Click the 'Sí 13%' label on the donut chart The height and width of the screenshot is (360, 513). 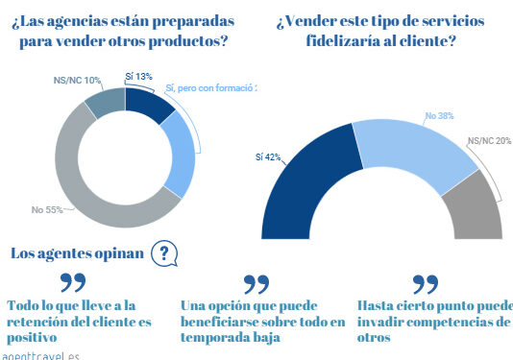138,77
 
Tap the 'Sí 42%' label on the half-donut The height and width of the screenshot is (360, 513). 267,156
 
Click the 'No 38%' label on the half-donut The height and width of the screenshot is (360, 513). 440,116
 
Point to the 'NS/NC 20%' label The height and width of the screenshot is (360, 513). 488,140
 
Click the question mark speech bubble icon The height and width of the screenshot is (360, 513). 164,253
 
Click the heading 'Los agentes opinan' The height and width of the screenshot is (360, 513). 77,254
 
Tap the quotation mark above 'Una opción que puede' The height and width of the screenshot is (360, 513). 256,284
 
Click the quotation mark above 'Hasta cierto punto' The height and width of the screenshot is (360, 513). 425,284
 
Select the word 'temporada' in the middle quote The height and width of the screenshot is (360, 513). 214,339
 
